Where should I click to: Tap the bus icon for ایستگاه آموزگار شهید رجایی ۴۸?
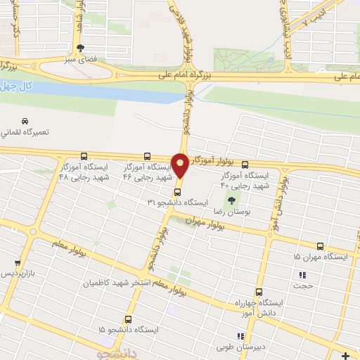(x=84, y=156)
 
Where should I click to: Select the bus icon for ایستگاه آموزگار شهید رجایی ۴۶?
(x=147, y=156)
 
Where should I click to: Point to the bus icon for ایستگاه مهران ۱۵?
(x=321, y=246)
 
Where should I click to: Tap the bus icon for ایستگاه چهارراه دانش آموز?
(x=259, y=291)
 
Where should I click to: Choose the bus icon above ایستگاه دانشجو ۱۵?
(x=127, y=318)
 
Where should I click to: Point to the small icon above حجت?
(x=303, y=276)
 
